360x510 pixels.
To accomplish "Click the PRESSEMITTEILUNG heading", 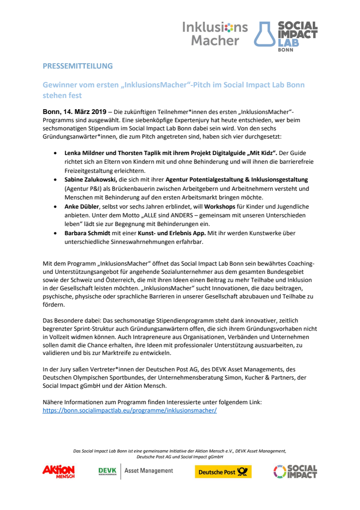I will (x=78, y=66).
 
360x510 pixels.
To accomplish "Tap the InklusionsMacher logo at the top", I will (x=215, y=34).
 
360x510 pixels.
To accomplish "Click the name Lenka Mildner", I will (x=83, y=152).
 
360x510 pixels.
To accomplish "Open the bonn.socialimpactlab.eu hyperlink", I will (x=130, y=410).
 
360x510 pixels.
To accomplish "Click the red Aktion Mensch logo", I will (x=58, y=471).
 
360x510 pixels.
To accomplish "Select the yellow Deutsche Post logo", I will (x=223, y=472).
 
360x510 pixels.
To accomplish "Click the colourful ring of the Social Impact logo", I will (x=279, y=471).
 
